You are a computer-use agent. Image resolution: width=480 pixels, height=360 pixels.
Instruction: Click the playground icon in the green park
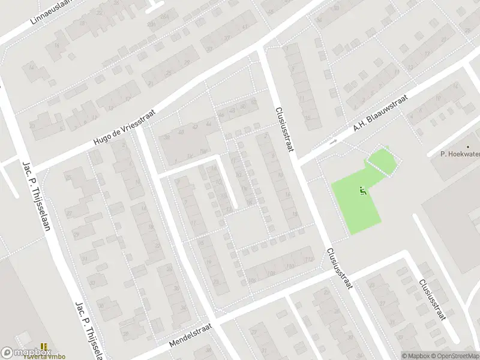point(362,191)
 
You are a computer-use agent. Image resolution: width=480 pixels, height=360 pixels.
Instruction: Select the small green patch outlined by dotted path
point(382,161)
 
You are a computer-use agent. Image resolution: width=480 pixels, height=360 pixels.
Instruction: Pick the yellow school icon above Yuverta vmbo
point(44,347)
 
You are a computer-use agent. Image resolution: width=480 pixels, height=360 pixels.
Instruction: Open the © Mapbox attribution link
point(419,356)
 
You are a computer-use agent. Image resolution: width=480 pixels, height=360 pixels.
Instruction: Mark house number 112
point(308,259)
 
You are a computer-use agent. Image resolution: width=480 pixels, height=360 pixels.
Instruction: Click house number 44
point(208,123)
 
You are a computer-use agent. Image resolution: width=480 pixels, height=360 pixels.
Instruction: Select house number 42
point(194,127)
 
